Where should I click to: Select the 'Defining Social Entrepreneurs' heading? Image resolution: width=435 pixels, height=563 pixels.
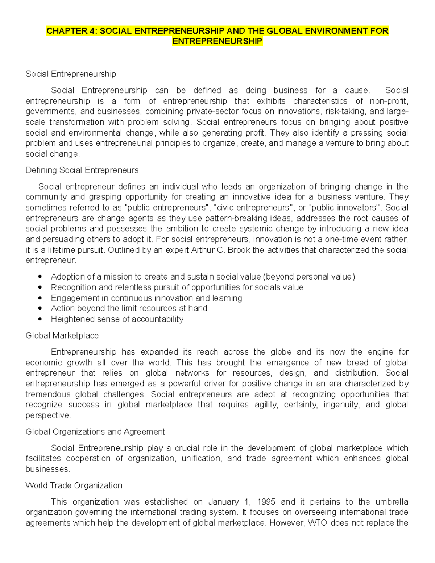tap(82, 170)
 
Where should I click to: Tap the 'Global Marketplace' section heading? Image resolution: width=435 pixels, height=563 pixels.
tap(62, 335)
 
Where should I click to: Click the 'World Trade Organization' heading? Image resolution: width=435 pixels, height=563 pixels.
tap(74, 485)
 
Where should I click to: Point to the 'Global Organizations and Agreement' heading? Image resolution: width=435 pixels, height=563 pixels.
tap(95, 431)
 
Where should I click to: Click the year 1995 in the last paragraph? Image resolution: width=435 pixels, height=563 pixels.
tap(266, 502)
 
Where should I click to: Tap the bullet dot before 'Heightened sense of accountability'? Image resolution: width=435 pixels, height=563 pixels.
tap(40, 319)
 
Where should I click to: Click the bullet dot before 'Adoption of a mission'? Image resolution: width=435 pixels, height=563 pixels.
tap(40, 277)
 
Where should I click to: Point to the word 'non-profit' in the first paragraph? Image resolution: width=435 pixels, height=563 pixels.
tap(389, 101)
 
